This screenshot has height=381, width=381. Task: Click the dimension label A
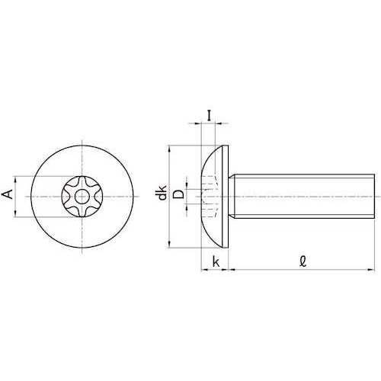[8, 194]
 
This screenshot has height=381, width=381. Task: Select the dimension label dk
[162, 192]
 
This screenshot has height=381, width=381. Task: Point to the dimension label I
[209, 116]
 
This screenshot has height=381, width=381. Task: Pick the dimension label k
[216, 261]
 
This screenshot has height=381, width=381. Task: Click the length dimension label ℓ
[303, 261]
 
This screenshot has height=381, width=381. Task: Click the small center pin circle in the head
[82, 197]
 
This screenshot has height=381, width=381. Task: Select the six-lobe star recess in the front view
[82, 197]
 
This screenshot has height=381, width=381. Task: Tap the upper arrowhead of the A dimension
[16, 180]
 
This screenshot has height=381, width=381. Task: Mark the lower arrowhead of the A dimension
[16, 213]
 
